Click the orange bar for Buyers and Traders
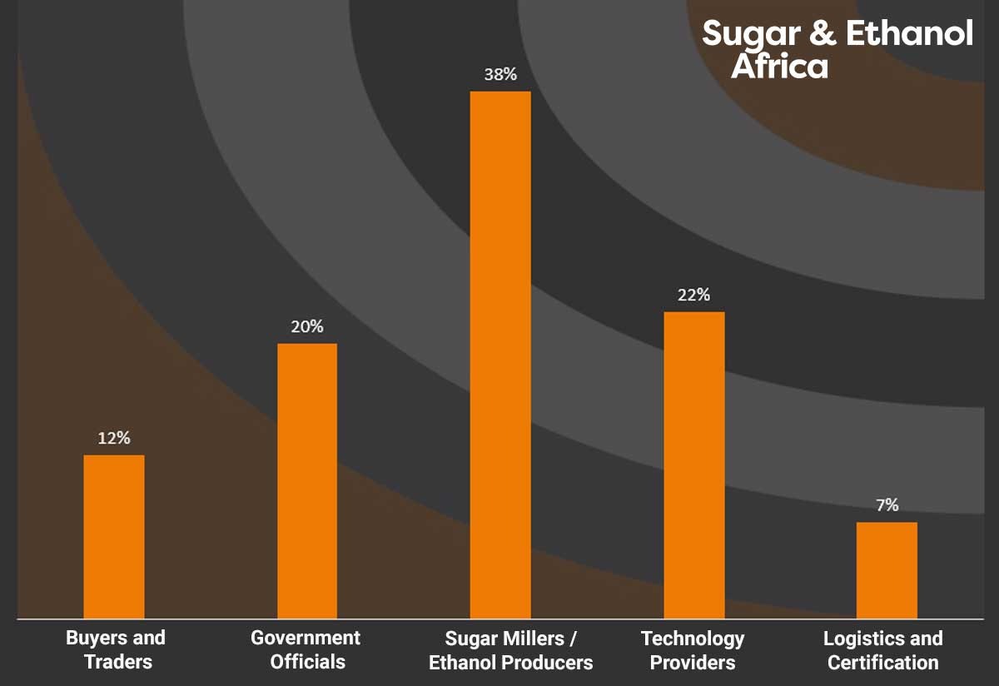coord(114,536)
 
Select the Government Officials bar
coord(307,480)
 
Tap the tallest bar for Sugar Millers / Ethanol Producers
coord(500,355)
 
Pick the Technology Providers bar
coord(694,465)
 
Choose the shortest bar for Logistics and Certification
coord(887,570)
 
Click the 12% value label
coord(114,438)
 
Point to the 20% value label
coord(307,326)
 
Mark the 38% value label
coord(500,74)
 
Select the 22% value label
coord(693,295)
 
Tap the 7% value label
coord(887,505)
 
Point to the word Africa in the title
coord(779,67)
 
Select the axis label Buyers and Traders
coord(116,650)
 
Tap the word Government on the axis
coord(306,638)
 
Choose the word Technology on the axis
coord(693,639)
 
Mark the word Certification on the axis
coord(883,663)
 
